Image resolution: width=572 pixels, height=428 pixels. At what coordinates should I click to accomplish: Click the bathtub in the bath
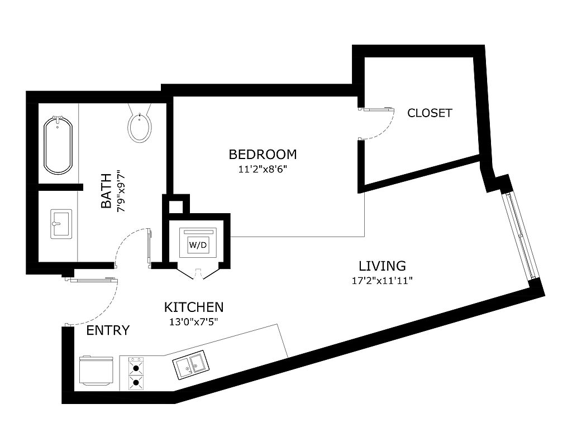[x=58, y=145]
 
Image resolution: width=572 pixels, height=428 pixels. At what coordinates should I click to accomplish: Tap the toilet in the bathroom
[x=140, y=123]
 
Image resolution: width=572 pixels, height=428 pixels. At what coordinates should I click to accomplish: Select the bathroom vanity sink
[x=61, y=224]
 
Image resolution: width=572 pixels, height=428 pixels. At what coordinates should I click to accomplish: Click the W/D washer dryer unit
[x=198, y=243]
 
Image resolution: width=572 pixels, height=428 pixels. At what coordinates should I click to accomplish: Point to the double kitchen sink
[x=191, y=364]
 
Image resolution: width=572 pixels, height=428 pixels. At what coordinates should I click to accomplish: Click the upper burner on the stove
[x=136, y=368]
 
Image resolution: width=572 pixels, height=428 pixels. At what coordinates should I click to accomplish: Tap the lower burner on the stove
[x=136, y=382]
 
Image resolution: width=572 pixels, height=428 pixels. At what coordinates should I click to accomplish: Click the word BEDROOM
[x=263, y=155]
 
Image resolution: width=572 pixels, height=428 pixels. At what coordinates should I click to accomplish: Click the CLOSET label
[x=430, y=113]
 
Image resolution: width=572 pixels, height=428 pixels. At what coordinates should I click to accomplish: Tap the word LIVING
[x=382, y=266]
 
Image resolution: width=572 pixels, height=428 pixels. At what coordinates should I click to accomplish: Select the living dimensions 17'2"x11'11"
[x=382, y=281]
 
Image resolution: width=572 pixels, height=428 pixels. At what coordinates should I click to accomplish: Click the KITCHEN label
[x=194, y=307]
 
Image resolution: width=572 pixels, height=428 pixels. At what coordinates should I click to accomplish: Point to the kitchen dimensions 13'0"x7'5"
[x=194, y=323]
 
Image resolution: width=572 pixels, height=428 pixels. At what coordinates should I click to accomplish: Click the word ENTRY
[x=108, y=330]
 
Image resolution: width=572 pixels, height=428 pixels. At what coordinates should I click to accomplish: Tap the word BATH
[x=106, y=191]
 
